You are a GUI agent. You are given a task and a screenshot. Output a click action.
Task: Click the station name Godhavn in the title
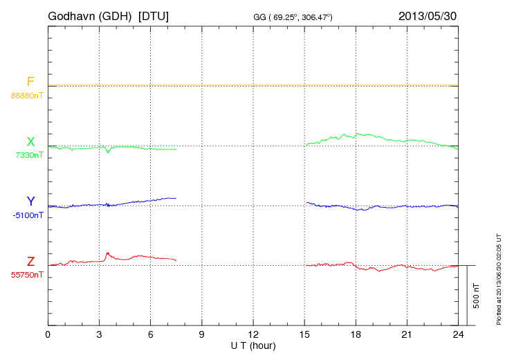pos(72,15)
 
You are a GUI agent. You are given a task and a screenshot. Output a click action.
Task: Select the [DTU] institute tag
pos(154,15)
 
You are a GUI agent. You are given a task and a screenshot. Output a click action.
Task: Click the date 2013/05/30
pos(428,15)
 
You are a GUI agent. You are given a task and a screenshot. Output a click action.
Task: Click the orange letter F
pos(30,82)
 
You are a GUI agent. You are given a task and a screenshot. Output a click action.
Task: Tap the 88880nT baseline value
pos(27,95)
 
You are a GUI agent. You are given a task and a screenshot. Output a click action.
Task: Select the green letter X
pos(30,142)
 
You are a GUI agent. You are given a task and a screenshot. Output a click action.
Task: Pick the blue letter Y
pos(30,201)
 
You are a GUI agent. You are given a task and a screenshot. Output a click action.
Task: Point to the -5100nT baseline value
pos(28,215)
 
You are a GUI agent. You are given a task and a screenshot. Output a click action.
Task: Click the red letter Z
pos(30,262)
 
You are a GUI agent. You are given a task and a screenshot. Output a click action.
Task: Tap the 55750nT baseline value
pos(27,275)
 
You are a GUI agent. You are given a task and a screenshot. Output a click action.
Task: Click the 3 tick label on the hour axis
pos(99,335)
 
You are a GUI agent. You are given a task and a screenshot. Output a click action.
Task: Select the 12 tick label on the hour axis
pos(253,335)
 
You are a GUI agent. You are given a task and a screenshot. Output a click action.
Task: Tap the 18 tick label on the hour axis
pos(356,335)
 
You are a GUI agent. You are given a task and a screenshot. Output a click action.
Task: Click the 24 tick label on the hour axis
pos(459,335)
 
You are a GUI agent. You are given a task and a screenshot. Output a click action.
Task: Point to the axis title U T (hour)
pos(253,345)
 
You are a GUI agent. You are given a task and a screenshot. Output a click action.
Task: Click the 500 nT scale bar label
pos(477,296)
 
